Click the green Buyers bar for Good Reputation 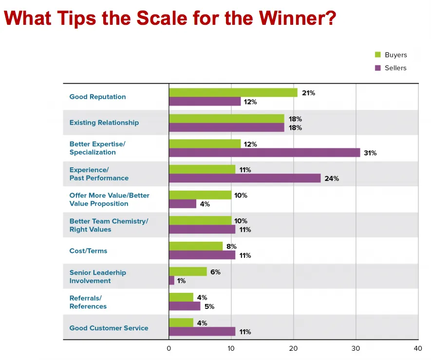pos(233,92)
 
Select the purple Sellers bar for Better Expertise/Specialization pos(264,153)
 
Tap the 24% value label pos(332,179)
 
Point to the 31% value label pos(370,153)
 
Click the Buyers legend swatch pos(377,55)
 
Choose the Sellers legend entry pos(395,68)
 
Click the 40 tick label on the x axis pos(417,349)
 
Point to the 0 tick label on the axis pos(169,349)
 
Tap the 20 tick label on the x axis pos(293,349)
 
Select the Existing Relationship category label pos(104,123)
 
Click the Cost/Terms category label pos(88,251)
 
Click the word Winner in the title pos(297,18)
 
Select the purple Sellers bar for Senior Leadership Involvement pos(171,281)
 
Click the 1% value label pos(181,281)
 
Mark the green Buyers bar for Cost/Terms pos(196,246)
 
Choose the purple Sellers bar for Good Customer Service pos(202,332)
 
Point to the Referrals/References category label pos(88,302)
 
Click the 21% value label pos(308,93)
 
